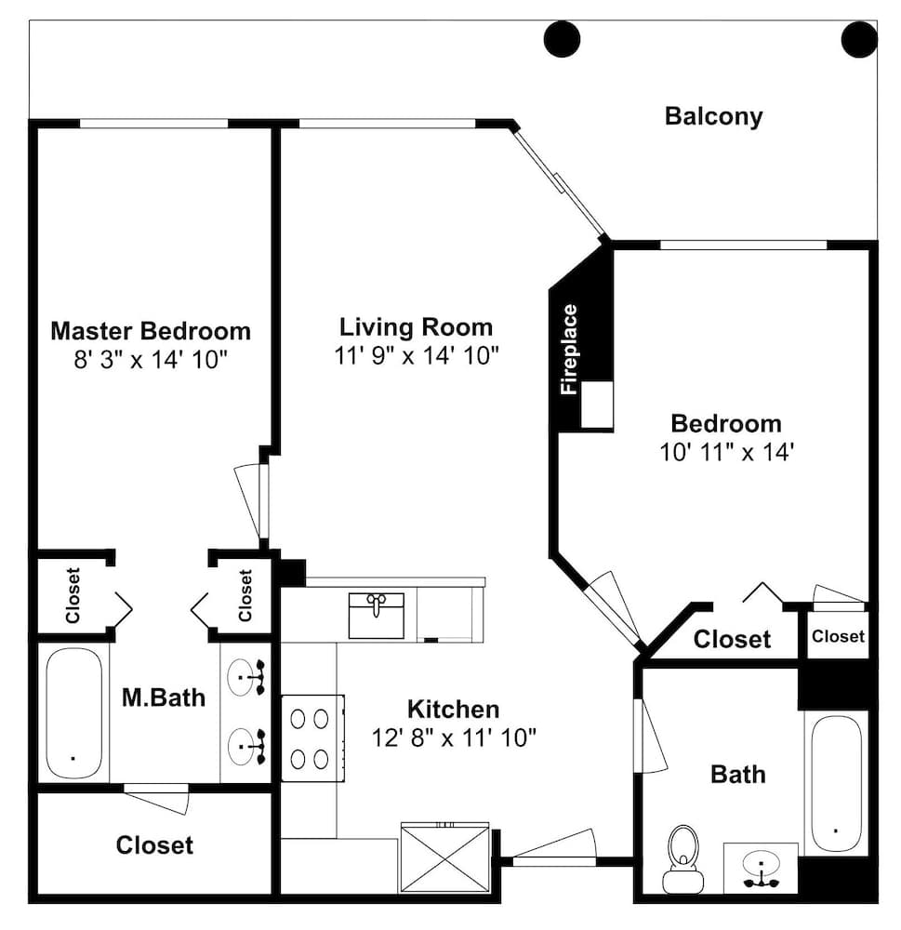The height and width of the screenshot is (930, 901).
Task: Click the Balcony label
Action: pos(713,117)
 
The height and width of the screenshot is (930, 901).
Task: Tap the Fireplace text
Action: pos(569,349)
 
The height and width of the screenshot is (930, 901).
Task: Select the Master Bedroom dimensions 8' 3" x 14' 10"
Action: pos(151,359)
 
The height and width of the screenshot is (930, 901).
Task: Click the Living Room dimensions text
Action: pos(417,356)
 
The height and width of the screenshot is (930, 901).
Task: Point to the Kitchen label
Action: pos(453,710)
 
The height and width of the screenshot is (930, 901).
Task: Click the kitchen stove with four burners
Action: pos(312,737)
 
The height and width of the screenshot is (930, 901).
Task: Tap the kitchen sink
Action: pos(376,615)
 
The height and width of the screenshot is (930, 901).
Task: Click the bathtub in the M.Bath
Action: pos(73,712)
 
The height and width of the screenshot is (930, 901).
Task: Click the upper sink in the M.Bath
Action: pos(246,677)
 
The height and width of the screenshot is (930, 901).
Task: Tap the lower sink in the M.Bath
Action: pos(246,746)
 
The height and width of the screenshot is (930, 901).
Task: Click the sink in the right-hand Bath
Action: pos(761,867)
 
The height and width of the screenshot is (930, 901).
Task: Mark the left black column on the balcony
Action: pos(562,39)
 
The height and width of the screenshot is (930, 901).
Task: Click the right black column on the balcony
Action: pos(859,39)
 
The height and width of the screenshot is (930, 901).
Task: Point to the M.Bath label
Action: pos(164,697)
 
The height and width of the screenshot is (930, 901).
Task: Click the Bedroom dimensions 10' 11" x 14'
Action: pos(726,452)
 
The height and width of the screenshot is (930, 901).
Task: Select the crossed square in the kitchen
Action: pos(444,857)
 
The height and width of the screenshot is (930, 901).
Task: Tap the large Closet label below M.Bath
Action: pos(154,845)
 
